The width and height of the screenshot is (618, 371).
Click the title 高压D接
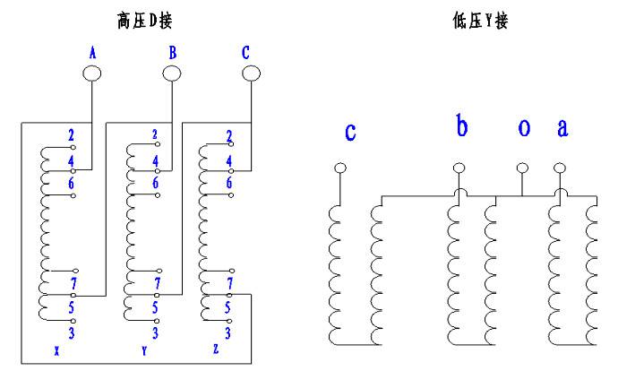144,21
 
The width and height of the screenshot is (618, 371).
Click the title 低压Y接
480,21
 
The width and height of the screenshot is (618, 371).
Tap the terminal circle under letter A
92,73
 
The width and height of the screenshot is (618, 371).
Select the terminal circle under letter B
172,73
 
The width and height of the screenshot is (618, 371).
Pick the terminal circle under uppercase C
251,73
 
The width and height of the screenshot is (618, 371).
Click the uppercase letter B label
173,53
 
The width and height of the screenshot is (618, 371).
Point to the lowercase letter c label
350,132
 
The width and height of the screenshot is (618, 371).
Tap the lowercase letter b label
461,125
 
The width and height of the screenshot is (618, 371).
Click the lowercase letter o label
524,127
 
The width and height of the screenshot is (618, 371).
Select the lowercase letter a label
562,127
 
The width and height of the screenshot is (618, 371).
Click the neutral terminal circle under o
522,168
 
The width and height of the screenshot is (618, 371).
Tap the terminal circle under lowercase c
340,168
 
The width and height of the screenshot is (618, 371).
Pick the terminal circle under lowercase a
560,168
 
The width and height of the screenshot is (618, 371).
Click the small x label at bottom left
56,350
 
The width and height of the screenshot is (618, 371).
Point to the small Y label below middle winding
144,350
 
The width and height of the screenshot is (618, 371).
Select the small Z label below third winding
216,349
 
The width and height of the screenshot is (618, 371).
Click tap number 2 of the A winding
71,135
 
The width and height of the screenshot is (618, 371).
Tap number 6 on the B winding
155,183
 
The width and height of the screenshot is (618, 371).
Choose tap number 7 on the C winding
230,283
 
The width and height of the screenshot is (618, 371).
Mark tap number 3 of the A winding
72,333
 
